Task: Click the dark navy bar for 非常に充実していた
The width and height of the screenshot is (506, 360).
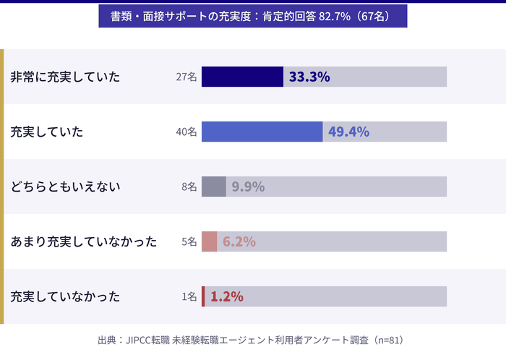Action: point(242,77)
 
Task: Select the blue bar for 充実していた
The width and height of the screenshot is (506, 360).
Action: point(262,132)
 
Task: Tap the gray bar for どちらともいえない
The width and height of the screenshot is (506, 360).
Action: point(213,187)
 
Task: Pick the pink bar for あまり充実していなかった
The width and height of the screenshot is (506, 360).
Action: point(209,241)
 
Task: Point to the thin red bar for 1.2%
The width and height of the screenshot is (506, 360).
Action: point(203,296)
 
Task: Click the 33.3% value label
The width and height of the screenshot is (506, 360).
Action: point(309,77)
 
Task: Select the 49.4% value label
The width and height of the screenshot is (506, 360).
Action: point(348,132)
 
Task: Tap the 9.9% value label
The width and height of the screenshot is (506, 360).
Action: point(248,187)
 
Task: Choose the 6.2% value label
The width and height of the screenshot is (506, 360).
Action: point(239,241)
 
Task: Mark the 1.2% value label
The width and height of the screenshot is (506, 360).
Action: point(226,296)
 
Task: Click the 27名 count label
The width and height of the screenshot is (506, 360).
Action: point(186,77)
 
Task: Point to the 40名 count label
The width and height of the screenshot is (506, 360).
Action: point(186,132)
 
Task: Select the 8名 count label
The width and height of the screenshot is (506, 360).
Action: point(189,187)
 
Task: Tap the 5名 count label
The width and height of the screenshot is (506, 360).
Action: point(189,241)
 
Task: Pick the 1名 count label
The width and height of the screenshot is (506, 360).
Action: point(189,296)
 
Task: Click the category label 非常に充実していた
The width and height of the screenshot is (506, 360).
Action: point(65,77)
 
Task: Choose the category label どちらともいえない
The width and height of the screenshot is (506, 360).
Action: point(65,187)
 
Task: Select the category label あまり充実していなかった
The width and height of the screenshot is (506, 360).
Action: point(83,241)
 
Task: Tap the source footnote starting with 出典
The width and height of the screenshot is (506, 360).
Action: point(252,339)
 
